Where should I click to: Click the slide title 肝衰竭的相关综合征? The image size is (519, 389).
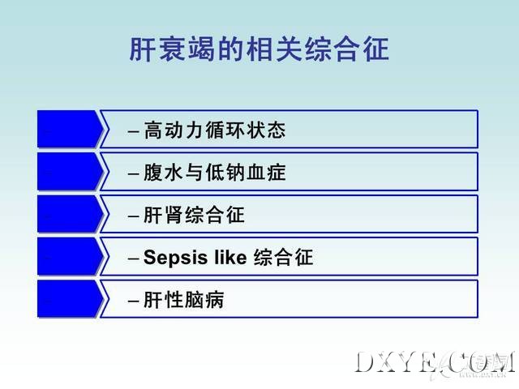259,49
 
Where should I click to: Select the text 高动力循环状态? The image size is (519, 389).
215,130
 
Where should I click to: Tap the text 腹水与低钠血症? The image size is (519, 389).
215,173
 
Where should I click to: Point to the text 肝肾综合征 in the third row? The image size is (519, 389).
195,215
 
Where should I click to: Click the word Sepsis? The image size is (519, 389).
176,258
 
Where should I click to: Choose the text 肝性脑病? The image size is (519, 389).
184,300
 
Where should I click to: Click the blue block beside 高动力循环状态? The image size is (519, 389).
71,129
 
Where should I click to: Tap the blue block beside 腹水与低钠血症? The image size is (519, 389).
71,172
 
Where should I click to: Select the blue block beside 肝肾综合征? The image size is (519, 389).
71,214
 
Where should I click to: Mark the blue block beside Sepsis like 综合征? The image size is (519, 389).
71,256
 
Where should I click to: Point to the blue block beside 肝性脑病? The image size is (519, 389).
71,299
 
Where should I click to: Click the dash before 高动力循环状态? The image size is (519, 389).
133,131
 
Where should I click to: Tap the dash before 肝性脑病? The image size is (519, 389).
133,301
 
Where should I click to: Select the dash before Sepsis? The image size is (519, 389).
133,259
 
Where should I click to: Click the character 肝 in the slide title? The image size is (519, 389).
143,49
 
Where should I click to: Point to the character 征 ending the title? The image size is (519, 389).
376,49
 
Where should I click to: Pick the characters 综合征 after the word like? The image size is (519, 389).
283,258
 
